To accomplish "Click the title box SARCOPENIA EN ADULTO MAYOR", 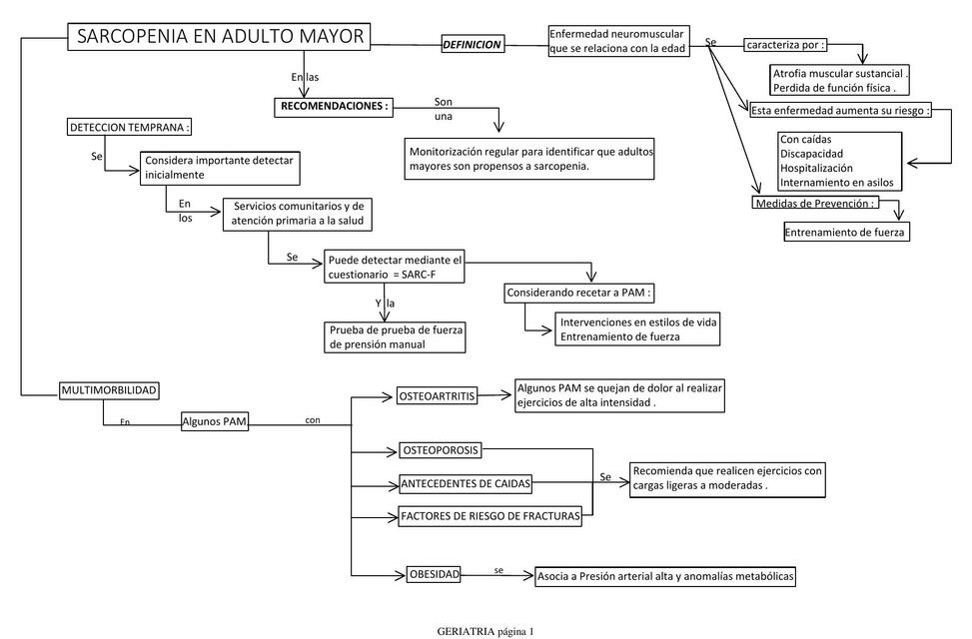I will coord(220,38).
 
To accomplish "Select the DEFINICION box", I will coord(472,45).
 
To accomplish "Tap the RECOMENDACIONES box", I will coord(334,105).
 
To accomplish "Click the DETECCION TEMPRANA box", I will coord(129,128).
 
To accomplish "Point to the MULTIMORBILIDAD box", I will coord(109,389).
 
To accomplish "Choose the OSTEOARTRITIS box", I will coord(438,396).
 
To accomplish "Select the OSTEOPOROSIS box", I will coord(441,449).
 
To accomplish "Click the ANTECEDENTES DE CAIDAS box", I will coord(465,484).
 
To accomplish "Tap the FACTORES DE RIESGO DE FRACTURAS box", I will coord(488,516).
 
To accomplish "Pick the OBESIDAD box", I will coord(435,574).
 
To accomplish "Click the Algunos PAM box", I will coord(215,422).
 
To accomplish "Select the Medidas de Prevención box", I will coord(815,203).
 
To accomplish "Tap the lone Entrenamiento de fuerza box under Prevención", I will coord(846,232).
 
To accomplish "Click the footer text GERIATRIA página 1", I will coord(486,631).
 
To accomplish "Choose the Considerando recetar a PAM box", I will coord(579,294).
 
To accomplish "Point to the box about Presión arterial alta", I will coord(666,576).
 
